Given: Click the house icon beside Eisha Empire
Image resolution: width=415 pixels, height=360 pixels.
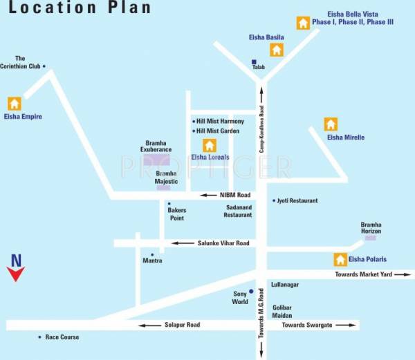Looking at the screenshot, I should point(15,104).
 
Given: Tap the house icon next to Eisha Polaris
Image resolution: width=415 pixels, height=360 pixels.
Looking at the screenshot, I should point(340,260).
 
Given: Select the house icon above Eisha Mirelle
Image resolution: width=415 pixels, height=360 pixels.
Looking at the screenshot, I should point(331,124).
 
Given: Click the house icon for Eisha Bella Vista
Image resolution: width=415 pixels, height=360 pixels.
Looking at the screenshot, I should point(303,23).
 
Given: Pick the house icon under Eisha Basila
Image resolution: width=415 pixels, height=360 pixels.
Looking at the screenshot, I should point(277,50).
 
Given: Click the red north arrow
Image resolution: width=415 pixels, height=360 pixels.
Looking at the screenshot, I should point(16,274).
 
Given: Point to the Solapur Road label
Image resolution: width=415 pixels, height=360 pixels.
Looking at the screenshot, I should point(182,325).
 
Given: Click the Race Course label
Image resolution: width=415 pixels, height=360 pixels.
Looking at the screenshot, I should point(62,337).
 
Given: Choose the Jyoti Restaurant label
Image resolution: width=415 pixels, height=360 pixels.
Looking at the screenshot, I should point(297,200).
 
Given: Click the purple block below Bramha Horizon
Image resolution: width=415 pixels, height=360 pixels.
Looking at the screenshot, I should point(371,238).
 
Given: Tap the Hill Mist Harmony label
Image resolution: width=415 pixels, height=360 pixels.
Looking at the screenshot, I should point(220,122).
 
